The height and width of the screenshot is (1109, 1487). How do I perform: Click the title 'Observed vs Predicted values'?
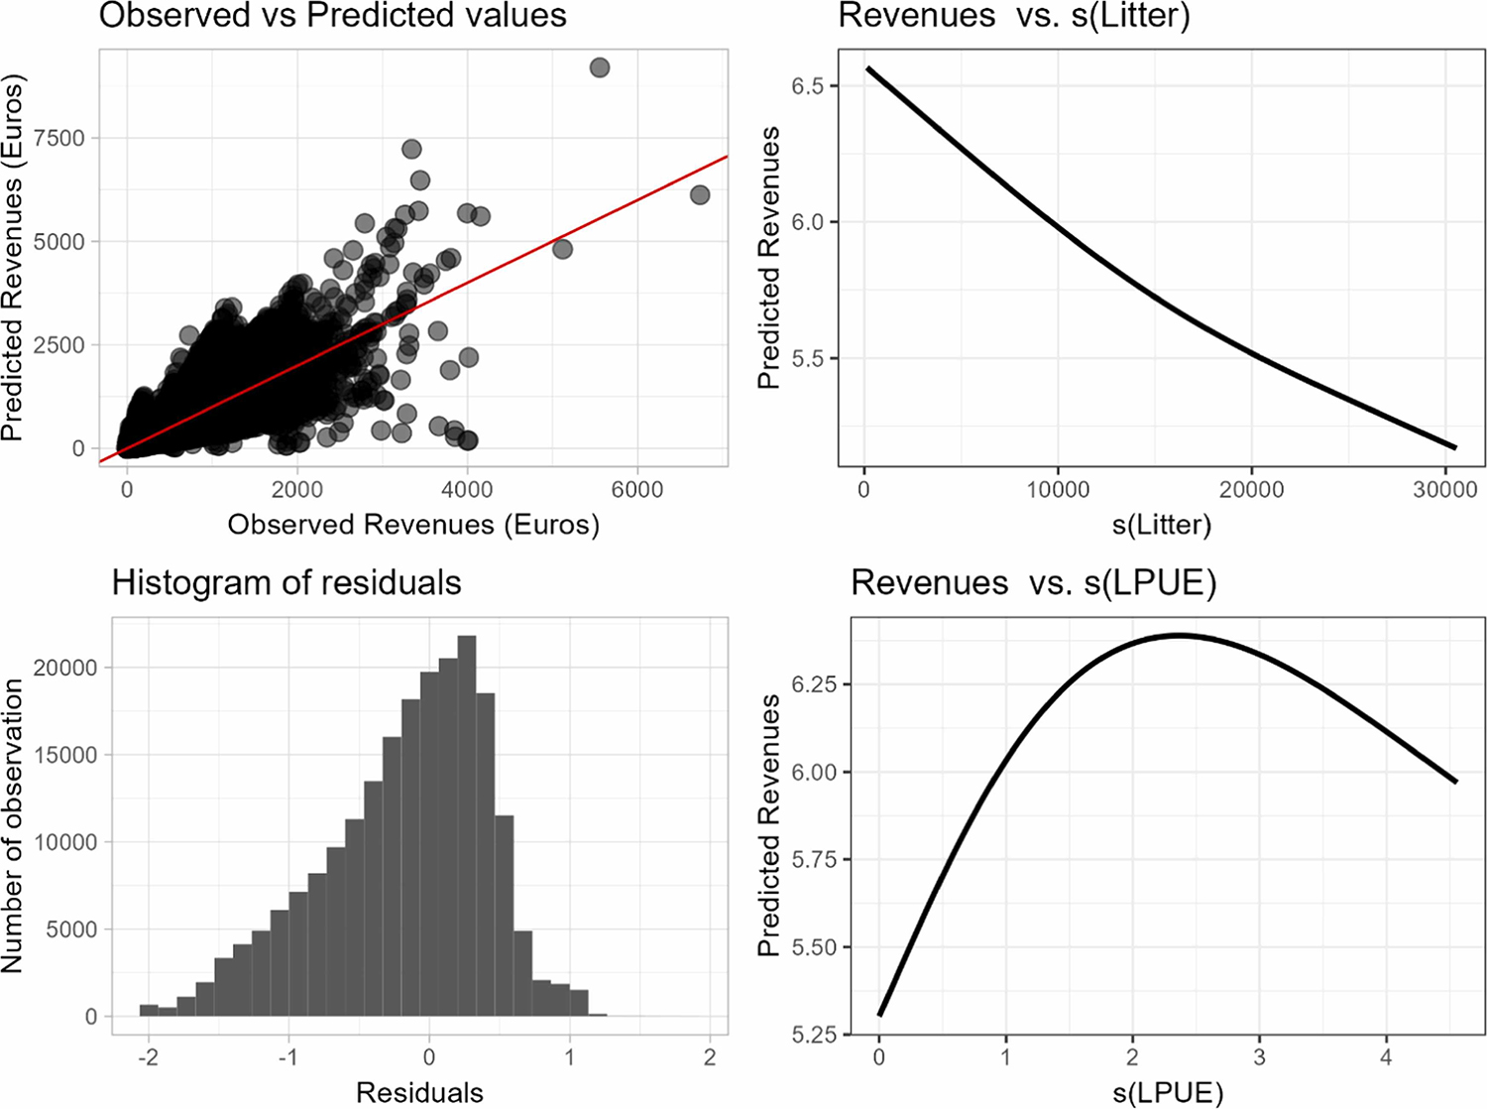pos(333,16)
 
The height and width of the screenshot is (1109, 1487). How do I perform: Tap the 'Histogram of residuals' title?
pos(286,582)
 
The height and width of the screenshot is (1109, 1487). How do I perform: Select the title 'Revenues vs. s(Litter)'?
pos(1014,16)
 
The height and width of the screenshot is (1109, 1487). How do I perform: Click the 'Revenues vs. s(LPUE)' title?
pos(1033,582)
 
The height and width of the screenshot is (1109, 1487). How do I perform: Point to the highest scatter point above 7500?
pos(599,67)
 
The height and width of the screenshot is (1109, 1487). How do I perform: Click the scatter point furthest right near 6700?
pos(700,195)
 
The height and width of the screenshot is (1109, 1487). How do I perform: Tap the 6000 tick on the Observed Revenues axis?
pos(636,489)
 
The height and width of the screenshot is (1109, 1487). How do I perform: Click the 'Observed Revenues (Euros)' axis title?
pos(413,524)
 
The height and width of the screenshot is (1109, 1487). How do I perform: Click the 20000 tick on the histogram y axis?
pos(70,668)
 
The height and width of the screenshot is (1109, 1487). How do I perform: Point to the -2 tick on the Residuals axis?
pos(148,1056)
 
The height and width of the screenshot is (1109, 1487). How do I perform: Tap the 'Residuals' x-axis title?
pos(419,1092)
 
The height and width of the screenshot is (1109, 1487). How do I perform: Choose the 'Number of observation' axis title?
pos(14,825)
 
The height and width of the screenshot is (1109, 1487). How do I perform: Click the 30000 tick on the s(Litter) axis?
pos(1444,489)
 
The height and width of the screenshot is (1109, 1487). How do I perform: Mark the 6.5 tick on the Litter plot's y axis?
pos(809,86)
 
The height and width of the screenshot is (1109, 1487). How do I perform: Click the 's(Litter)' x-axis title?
pos(1161,524)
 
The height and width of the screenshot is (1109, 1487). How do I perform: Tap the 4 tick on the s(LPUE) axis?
pos(1386,1057)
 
